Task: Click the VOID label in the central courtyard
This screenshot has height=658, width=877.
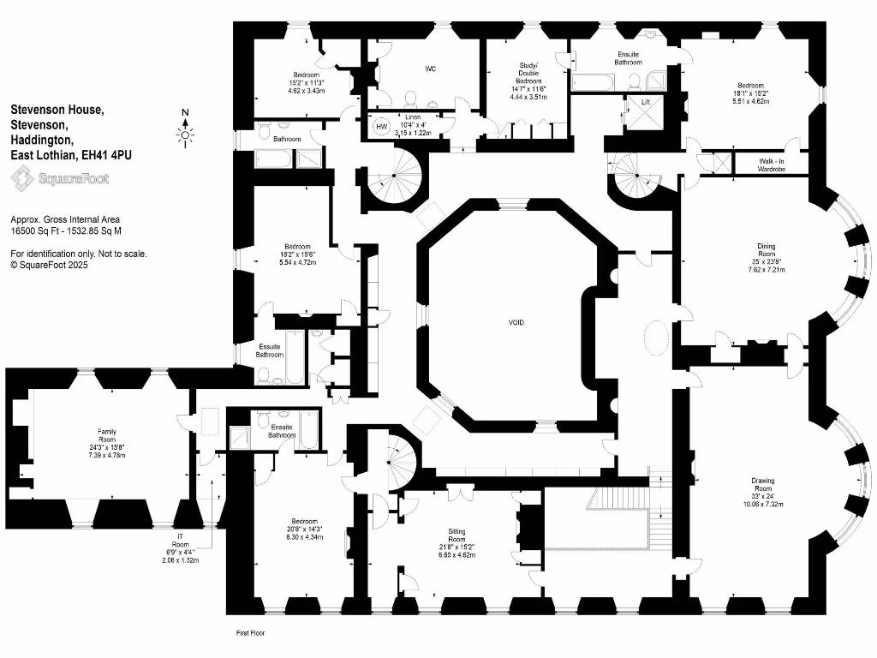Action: coord(516,322)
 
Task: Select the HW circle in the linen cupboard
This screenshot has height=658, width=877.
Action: coord(381,127)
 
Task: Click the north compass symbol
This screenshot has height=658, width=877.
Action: coord(186,133)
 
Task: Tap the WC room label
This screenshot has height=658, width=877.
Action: coord(431,69)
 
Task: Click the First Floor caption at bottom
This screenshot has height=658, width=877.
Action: coord(252,633)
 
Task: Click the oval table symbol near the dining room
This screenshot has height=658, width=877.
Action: coord(657,338)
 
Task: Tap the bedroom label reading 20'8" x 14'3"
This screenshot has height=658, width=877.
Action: coord(304,527)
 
